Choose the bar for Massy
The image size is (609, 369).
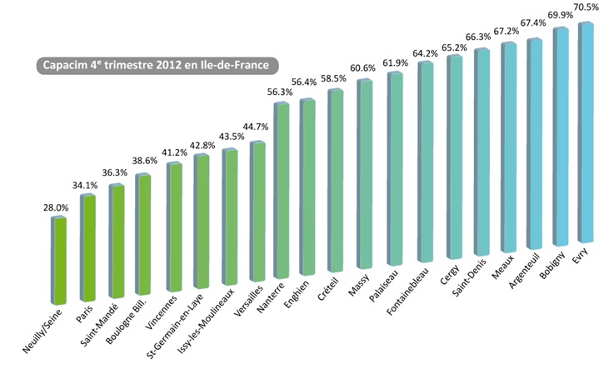pos(365,175)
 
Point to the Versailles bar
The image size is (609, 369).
pos(257,212)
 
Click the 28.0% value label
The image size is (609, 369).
pos(56,207)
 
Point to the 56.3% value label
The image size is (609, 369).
pos(278,92)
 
